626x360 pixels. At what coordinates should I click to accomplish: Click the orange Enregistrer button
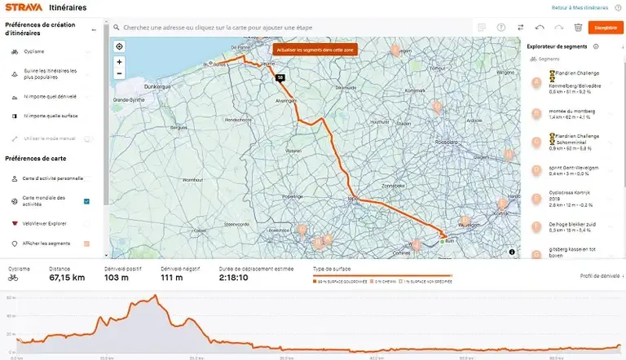[x=605, y=28]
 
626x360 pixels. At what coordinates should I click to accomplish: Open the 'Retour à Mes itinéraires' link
[x=580, y=7]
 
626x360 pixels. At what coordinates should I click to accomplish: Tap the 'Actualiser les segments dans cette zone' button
[x=315, y=50]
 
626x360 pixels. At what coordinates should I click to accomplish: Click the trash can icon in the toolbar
[x=578, y=28]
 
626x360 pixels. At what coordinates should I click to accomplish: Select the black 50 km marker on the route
[x=280, y=77]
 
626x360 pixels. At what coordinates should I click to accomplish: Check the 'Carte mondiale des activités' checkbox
[x=86, y=201]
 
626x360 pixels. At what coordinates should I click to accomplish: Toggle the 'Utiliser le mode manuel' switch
[x=87, y=138]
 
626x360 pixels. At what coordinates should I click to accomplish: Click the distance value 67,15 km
[x=67, y=278]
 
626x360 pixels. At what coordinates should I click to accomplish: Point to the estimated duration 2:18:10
[x=236, y=278]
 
